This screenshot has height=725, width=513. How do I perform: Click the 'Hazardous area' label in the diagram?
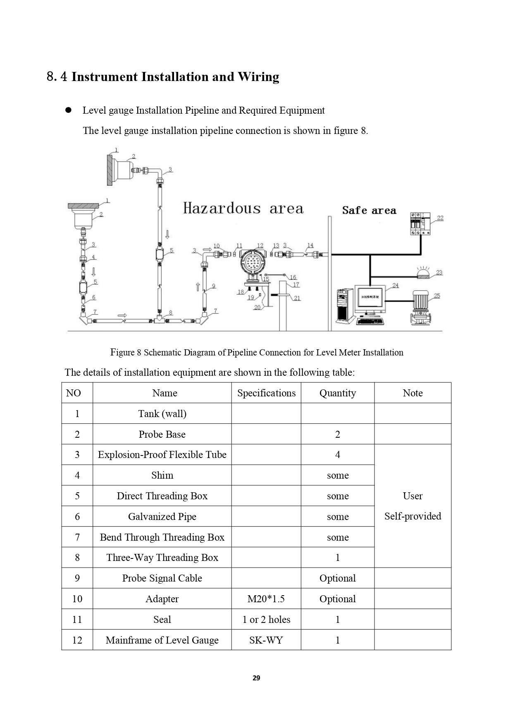pos(243,208)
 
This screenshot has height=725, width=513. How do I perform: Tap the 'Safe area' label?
pos(369,210)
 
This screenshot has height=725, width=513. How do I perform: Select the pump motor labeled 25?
pos(420,307)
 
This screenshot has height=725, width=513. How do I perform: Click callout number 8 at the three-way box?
pos(170,312)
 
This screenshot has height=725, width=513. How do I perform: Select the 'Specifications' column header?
pos(266,393)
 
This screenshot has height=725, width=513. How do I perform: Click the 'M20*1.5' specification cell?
pos(266,599)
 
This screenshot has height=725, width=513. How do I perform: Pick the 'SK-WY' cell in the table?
pos(266,640)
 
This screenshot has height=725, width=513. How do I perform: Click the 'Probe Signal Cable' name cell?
pos(162,578)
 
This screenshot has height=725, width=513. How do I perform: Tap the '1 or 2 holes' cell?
pos(266,619)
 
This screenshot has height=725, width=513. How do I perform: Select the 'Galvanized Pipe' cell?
pos(162,516)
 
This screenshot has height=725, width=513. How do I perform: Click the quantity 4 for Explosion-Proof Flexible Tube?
pos(337,455)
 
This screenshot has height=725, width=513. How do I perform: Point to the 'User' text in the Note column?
pos(413,496)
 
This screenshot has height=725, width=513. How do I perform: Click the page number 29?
pos(256,678)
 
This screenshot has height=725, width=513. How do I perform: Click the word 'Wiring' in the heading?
pos(258,77)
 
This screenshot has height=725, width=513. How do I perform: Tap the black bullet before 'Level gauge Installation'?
pos(69,110)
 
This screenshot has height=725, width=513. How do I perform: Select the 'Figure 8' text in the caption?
pos(126,352)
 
